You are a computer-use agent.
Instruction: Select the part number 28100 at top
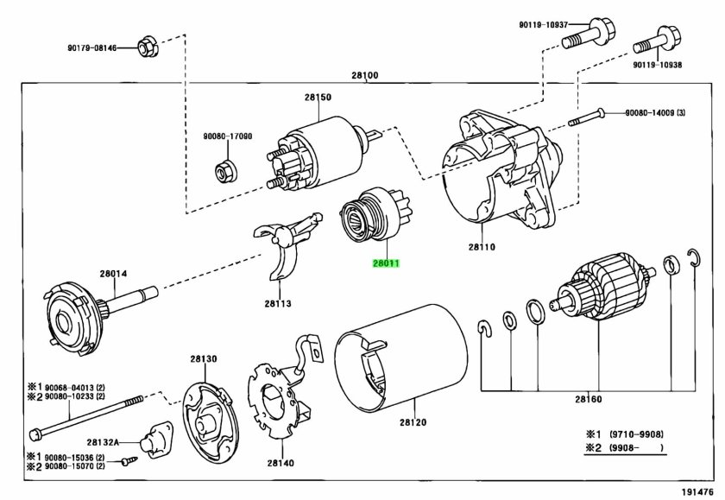tap(364, 76)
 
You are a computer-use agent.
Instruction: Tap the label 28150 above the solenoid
tap(318, 98)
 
